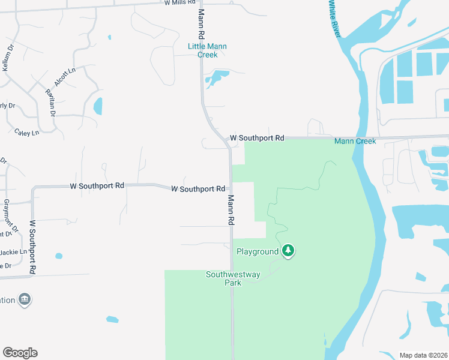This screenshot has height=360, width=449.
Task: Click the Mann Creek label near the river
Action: (x=355, y=141)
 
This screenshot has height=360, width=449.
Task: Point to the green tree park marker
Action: (x=289, y=251)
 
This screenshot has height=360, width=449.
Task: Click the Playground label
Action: (x=258, y=251)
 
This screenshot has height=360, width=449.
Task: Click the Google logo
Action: (x=20, y=353)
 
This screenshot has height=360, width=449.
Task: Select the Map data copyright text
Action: (x=423, y=355)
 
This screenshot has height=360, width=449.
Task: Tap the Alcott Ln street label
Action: (x=65, y=78)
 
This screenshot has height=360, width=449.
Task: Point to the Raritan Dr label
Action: (x=50, y=102)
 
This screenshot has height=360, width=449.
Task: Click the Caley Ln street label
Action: (x=26, y=132)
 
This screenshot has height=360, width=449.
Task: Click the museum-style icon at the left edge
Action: (x=25, y=299)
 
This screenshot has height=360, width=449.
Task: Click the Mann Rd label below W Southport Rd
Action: (x=230, y=209)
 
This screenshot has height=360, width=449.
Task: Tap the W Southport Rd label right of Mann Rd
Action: (x=257, y=138)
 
